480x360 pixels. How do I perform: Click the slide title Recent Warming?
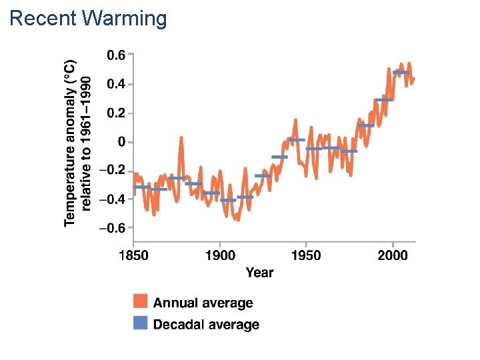coord(88,18)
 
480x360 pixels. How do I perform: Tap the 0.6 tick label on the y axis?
coord(116,55)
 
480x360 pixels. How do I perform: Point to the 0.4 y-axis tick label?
coord(116,84)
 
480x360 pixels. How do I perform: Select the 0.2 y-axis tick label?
coord(116,113)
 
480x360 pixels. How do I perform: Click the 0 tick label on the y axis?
coord(121,142)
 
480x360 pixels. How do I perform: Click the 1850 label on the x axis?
coord(134,255)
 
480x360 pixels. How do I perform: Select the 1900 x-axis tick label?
coord(220,255)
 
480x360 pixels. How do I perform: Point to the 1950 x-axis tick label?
coord(306,255)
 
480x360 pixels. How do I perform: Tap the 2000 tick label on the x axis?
coord(393,255)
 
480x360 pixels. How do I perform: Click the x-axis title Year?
coord(259,272)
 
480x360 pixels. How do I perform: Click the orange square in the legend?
coord(140,302)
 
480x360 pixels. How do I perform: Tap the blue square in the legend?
coord(140,324)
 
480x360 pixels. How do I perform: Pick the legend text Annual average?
coord(203,303)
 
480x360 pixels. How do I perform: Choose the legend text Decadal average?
coord(206,325)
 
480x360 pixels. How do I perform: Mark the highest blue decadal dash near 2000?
coord(401,72)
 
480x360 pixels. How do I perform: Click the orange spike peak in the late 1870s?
coord(181,138)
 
